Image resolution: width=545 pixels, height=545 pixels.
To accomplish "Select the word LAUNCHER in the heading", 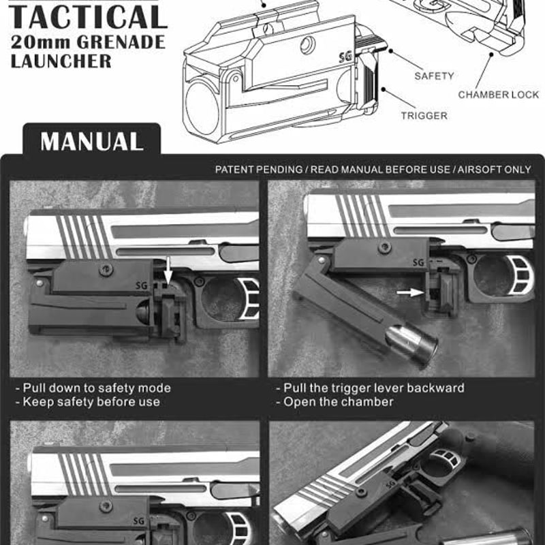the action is click(x=61, y=61).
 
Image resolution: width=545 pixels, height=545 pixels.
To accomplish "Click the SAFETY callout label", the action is click(x=434, y=76).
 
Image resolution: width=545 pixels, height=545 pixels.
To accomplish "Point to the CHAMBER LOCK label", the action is click(x=498, y=95).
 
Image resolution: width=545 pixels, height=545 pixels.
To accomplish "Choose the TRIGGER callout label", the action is click(x=424, y=116).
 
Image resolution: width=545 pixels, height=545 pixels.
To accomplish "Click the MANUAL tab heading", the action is click(x=91, y=141).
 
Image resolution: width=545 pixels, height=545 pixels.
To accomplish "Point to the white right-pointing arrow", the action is click(x=409, y=292).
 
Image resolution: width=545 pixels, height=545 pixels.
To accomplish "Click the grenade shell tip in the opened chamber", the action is click(x=412, y=345).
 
